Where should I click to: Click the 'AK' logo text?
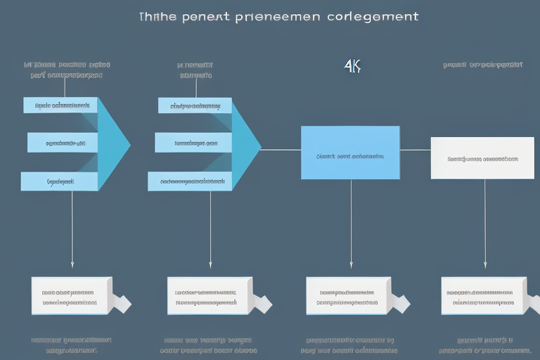tap(352, 67)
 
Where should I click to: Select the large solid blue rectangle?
tap(349, 153)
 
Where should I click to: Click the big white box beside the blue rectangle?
tap(482, 157)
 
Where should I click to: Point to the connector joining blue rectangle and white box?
tap(415, 150)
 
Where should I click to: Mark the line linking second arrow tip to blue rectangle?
tap(281, 150)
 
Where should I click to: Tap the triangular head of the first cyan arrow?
tap(113, 143)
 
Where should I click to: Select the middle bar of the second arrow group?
tap(193, 143)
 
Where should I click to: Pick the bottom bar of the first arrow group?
tap(59, 181)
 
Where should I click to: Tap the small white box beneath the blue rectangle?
tap(347, 295)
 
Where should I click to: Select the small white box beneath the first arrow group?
tap(71, 295)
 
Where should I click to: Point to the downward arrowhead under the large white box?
tap(484, 265)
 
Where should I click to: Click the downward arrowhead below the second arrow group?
tap(210, 265)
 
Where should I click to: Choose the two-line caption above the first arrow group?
tap(67, 69)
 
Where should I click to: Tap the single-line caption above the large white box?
tap(483, 65)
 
